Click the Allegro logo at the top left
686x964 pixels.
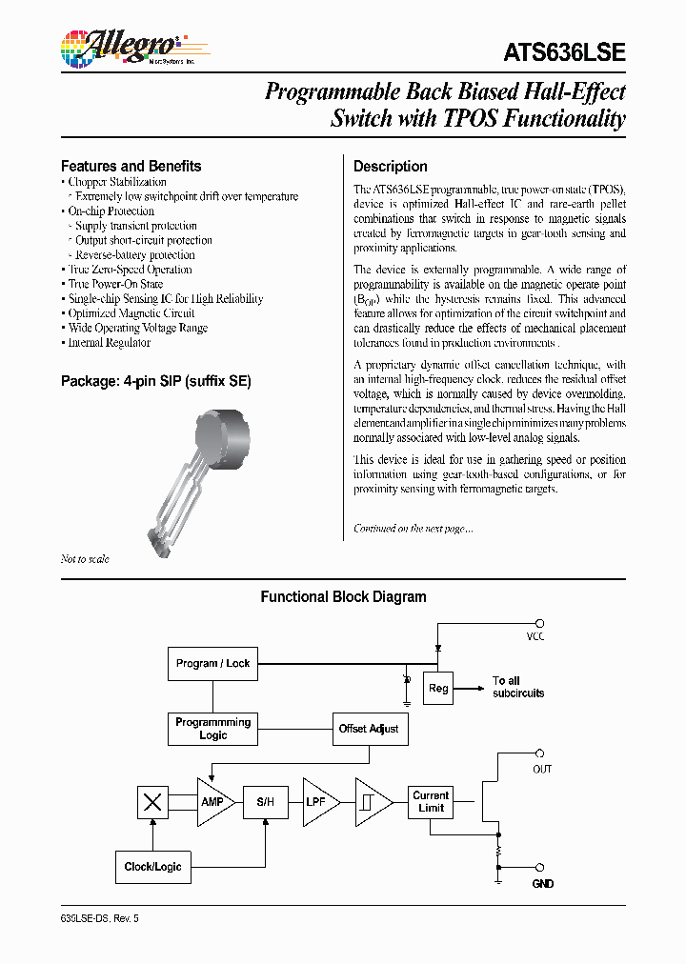pos(118,46)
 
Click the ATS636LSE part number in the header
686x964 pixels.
pos(565,53)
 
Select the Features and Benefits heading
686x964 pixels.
pos(131,166)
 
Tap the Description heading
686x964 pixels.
pos(390,166)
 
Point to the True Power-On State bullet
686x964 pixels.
pos(115,284)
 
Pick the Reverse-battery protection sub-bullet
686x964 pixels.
pos(134,255)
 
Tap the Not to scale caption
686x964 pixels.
pos(85,559)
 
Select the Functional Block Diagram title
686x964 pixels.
pos(343,597)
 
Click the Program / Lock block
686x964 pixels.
pos(212,663)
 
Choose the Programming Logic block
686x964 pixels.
pos(212,729)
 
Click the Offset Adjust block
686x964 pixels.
pos(369,729)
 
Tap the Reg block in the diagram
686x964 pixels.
pos(438,688)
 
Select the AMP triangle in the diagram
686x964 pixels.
pos(213,802)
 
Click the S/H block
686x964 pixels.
pos(264,802)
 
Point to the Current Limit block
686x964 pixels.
pos(431,802)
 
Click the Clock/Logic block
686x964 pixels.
pos(152,867)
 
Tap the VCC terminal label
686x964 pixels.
pos(536,636)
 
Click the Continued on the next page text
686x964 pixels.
pos(413,529)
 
